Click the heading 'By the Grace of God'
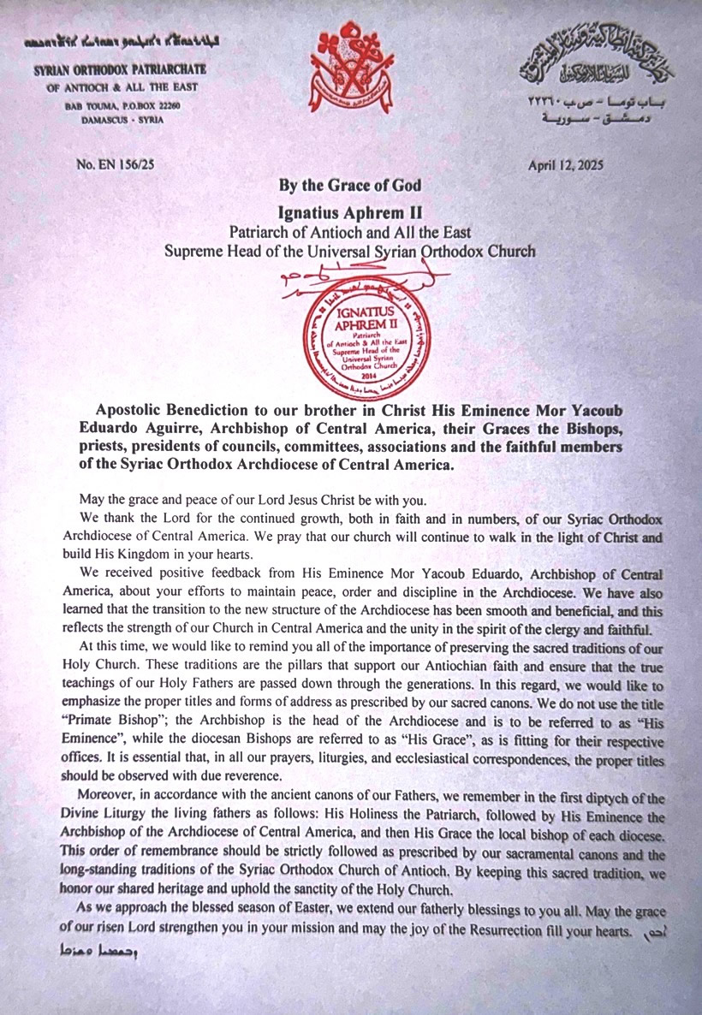(350, 185)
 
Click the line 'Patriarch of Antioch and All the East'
(350, 231)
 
